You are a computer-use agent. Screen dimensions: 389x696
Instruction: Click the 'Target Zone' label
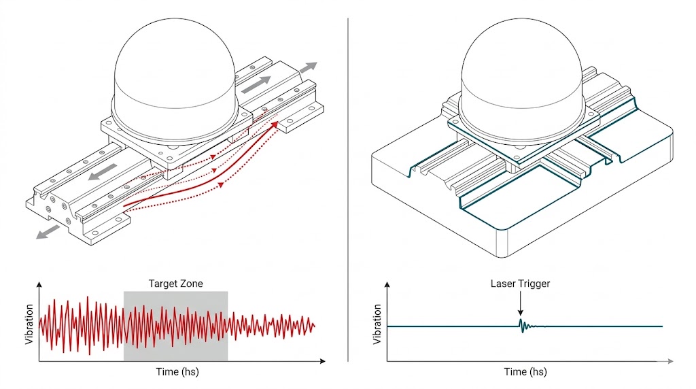[x=175, y=284]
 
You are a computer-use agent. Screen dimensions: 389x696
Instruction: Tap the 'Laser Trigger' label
[x=520, y=284]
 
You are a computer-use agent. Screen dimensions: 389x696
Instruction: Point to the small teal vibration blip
[x=521, y=326]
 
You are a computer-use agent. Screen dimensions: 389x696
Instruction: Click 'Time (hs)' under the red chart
[x=176, y=372]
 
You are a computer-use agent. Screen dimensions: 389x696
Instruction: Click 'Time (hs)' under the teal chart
[x=525, y=372]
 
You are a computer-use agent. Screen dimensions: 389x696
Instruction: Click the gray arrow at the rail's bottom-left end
[x=47, y=233]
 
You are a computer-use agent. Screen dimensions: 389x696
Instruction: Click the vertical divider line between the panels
[x=348, y=190]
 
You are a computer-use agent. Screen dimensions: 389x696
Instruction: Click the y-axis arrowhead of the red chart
[x=39, y=284]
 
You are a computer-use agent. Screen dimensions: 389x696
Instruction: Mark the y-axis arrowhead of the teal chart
[x=388, y=284]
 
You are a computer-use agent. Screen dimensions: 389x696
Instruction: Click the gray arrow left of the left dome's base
[x=99, y=174]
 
